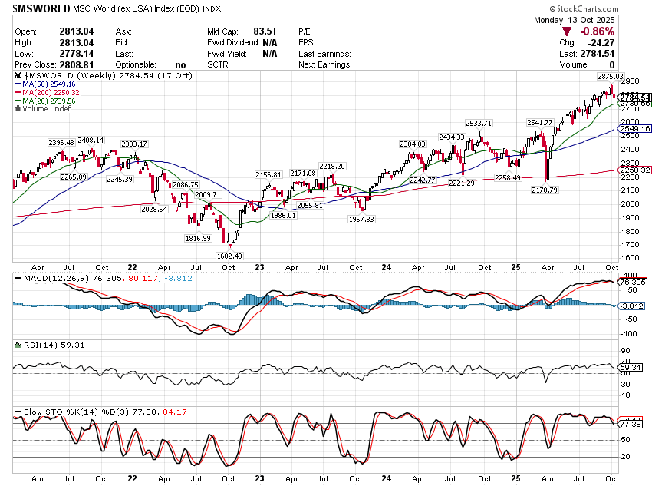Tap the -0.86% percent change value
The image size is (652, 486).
point(598,31)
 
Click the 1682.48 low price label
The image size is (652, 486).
point(229,256)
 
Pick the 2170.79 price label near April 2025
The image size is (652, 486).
point(545,189)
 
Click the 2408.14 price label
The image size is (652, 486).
point(91,141)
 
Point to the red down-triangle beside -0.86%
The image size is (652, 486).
point(567,31)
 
